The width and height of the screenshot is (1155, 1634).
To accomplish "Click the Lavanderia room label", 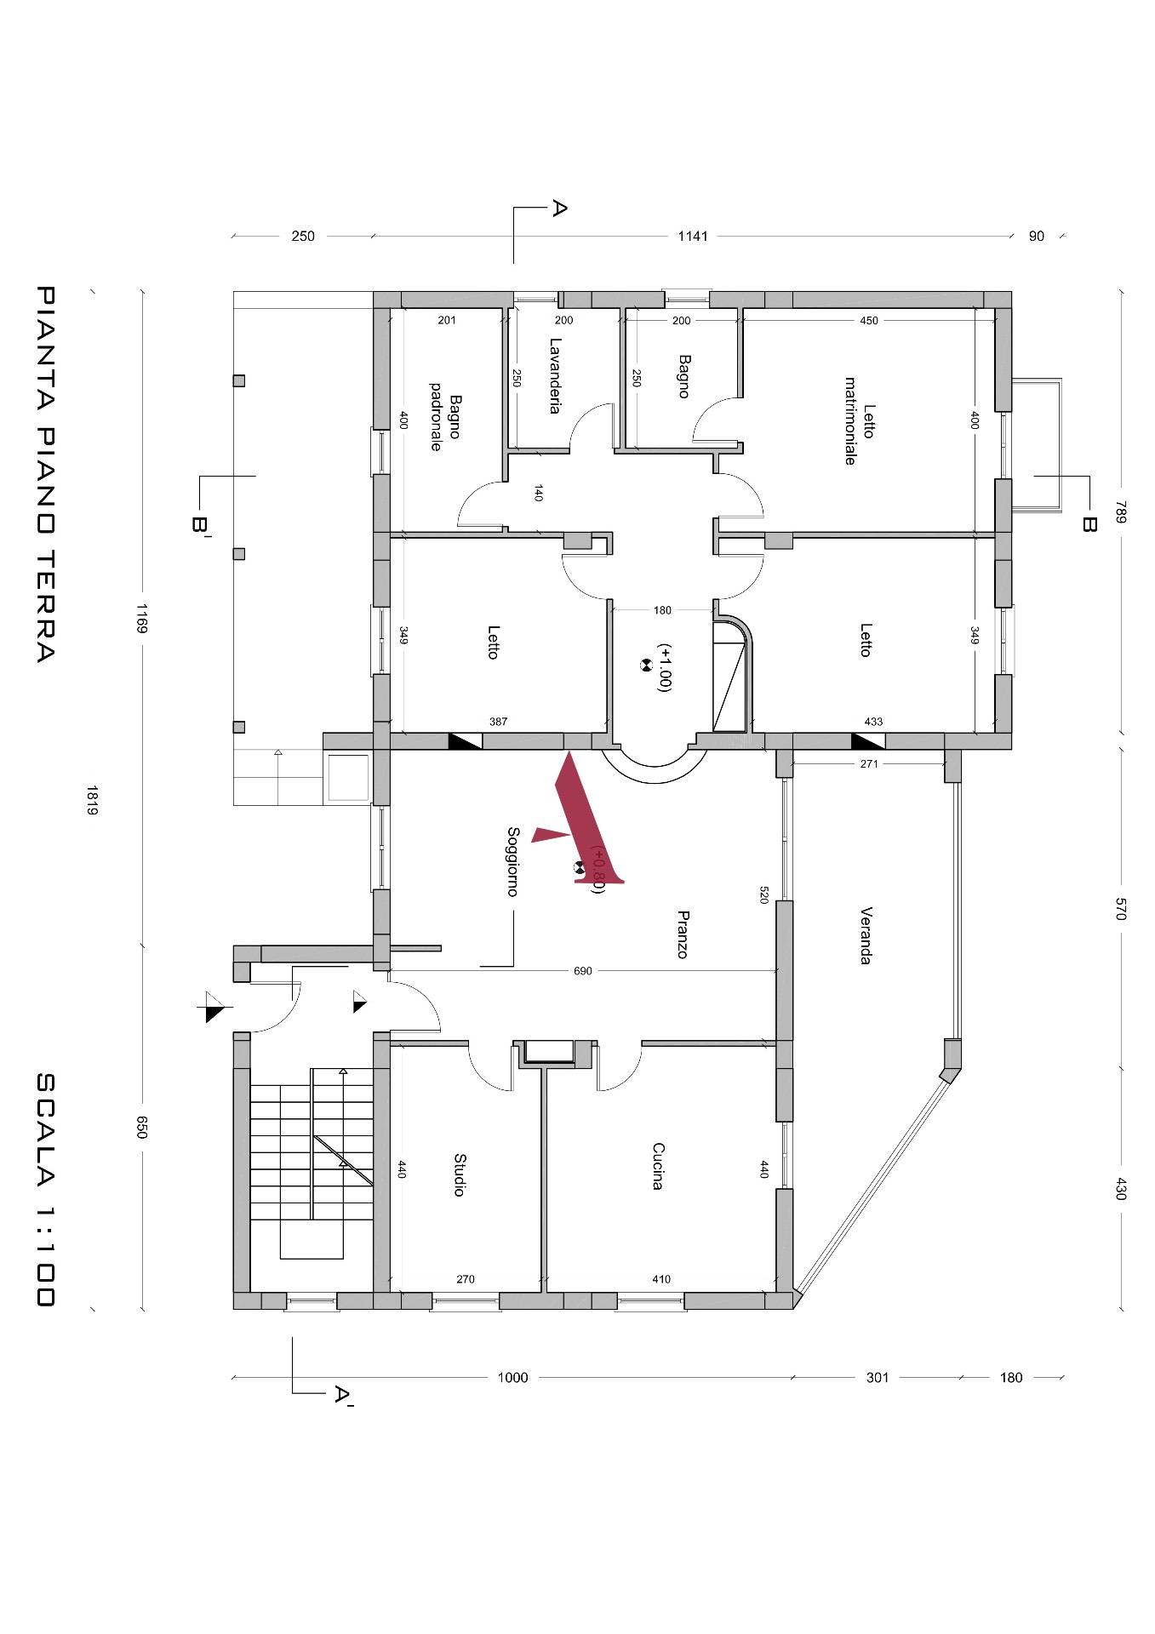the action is tap(555, 376).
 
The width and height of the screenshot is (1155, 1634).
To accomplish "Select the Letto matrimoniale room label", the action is tap(860, 421).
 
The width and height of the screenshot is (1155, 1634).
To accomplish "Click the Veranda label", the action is tap(866, 935).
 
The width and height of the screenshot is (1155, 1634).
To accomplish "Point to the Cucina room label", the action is tap(657, 1166).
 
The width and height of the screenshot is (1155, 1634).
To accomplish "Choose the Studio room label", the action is tap(459, 1175).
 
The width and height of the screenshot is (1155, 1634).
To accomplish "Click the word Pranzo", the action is tap(682, 934).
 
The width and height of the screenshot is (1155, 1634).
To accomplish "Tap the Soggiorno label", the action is tap(512, 861).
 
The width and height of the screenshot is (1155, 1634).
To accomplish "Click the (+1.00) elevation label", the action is tap(664, 666).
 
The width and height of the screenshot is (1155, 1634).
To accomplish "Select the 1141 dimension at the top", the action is tap(693, 236).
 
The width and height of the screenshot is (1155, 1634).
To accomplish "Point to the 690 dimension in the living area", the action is tap(583, 970).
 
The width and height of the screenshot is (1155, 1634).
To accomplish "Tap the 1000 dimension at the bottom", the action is tap(512, 1377).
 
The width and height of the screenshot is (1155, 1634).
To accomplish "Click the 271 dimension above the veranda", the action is tap(869, 763).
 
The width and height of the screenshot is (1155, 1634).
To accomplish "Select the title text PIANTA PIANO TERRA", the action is tap(45, 474).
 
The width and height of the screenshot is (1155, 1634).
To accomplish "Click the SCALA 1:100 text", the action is tap(45, 1189).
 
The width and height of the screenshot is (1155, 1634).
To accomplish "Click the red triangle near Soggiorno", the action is tap(550, 835).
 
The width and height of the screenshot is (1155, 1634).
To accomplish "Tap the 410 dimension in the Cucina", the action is tap(661, 1279).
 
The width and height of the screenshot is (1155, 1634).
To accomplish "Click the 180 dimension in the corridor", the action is tap(662, 609).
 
